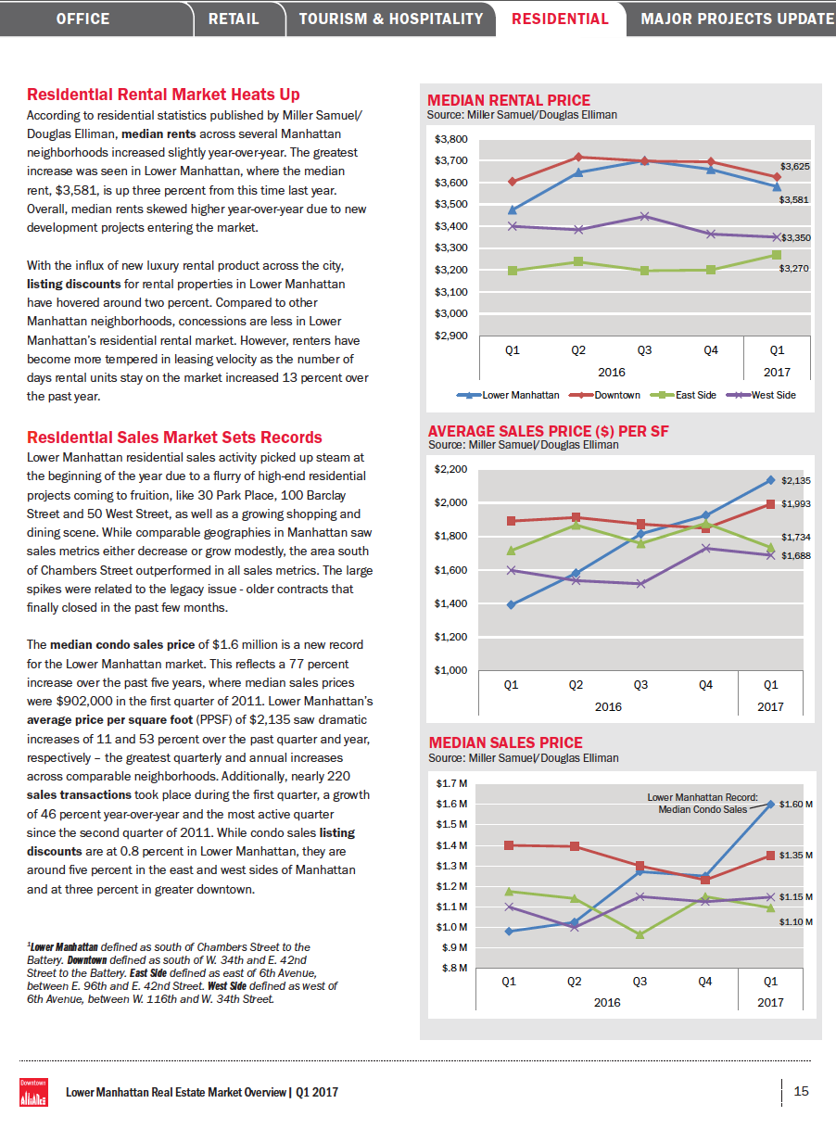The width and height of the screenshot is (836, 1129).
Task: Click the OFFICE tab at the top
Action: [82, 19]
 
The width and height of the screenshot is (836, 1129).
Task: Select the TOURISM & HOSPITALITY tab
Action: [391, 19]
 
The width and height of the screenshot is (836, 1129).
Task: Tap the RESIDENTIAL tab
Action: [560, 19]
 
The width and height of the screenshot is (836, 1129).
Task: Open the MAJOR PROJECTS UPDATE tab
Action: [737, 19]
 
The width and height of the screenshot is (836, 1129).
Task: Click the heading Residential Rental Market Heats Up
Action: [163, 95]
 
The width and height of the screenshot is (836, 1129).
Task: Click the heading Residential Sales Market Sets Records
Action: [175, 438]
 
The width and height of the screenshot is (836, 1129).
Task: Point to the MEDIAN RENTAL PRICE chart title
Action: [509, 101]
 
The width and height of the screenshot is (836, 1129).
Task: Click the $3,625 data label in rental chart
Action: [795, 166]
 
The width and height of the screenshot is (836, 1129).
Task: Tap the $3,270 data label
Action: [795, 269]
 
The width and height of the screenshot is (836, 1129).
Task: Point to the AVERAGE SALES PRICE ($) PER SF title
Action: [548, 432]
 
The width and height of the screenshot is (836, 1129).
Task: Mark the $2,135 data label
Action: [795, 481]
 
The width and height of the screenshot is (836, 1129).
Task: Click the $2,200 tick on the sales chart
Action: [450, 470]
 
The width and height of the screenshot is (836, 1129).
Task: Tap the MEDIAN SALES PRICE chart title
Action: [505, 743]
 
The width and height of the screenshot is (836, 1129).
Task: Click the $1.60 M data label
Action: [796, 805]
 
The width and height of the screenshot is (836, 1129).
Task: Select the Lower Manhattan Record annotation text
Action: [702, 803]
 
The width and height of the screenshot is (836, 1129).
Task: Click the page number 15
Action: [802, 1091]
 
